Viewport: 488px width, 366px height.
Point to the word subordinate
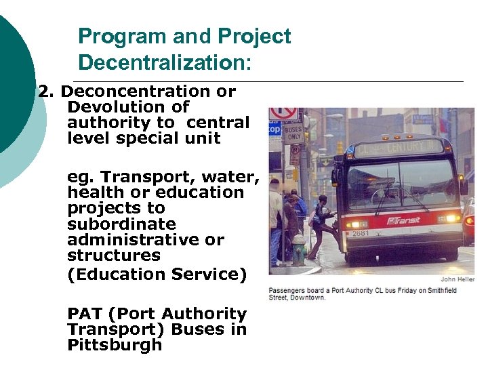pyautogui.click(x=121, y=224)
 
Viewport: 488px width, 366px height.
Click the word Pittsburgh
pyautogui.click(x=115, y=345)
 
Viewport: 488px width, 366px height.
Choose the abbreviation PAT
pyautogui.click(x=85, y=314)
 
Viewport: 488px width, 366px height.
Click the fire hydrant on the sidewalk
pyautogui.click(x=298, y=249)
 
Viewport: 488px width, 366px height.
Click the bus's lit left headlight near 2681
pyautogui.click(x=354, y=224)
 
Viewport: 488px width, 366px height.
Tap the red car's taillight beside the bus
pyautogui.click(x=469, y=221)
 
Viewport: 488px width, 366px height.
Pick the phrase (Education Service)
pyautogui.click(x=157, y=274)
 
